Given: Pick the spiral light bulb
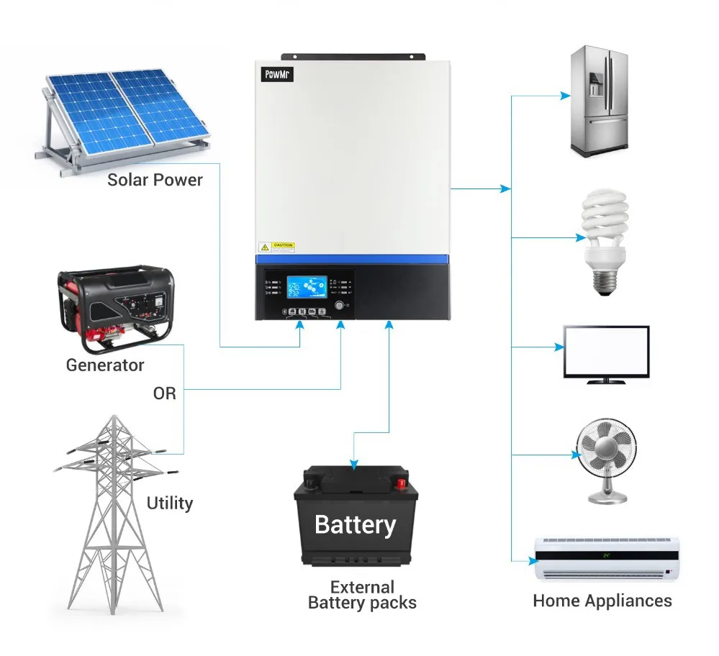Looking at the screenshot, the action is point(604,240).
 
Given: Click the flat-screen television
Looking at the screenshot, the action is point(606,353).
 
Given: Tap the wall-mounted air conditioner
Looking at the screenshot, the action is point(607,559).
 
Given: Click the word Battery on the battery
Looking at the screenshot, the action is point(356,524).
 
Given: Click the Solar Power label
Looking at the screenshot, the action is point(155,180).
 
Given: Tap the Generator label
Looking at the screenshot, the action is point(105,365).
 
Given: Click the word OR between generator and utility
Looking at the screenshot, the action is point(164,393).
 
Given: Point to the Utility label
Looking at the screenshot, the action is point(170,502).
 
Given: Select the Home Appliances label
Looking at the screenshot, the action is point(602,601).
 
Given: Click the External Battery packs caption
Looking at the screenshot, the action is point(362,595).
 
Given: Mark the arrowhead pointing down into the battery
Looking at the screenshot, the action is point(353,464).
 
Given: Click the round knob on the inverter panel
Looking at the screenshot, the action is point(340,306).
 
